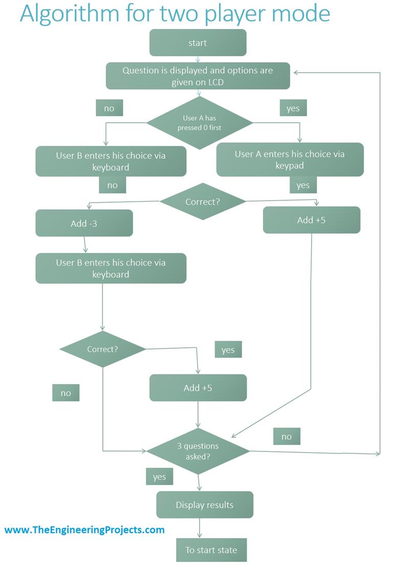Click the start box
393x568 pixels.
tap(198, 42)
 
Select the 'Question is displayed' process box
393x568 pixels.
tap(198, 76)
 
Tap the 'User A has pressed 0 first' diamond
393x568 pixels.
tap(200, 123)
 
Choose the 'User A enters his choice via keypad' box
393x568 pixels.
tap(290, 160)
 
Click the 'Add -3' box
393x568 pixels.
tap(84, 224)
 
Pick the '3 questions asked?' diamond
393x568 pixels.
tap(198, 451)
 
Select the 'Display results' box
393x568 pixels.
tap(204, 505)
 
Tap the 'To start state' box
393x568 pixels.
tap(211, 551)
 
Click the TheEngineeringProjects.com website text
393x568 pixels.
tap(84, 530)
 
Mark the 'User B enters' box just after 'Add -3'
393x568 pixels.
tap(111, 268)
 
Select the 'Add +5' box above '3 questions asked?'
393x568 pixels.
tap(198, 388)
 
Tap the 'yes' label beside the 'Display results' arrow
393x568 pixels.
tap(159, 477)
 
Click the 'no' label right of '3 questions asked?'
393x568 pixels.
tap(286, 436)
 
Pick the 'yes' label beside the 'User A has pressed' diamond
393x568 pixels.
tap(293, 108)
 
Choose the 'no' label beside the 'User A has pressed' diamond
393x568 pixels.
tap(109, 108)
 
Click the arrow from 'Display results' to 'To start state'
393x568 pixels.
tap(199, 528)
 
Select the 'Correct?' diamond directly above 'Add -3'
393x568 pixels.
tap(203, 202)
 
